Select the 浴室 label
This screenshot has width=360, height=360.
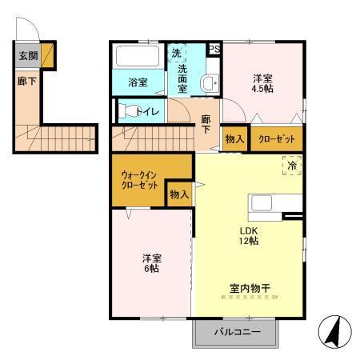coord(138,82)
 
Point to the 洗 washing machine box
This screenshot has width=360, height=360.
coord(176,53)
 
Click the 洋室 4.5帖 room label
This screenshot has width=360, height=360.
coord(263,84)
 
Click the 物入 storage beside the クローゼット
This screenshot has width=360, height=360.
coord(234,139)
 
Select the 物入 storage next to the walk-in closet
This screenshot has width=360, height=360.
coord(178,194)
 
